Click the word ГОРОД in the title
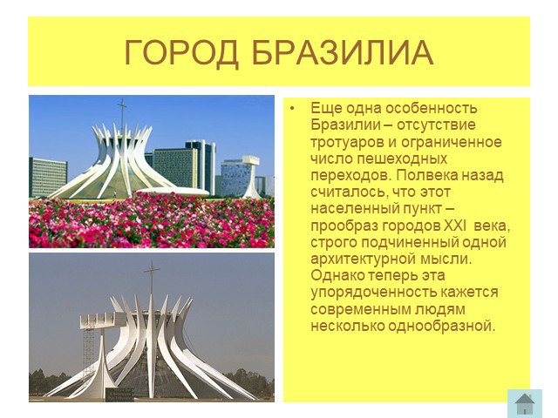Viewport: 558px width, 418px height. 181,53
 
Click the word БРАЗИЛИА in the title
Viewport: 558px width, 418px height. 343,53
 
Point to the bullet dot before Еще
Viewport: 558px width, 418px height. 293,108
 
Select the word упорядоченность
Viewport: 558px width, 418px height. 374,293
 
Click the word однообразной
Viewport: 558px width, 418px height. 441,326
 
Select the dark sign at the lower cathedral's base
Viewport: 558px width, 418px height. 120,394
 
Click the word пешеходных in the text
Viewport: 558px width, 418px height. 402,159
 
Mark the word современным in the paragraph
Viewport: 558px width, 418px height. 360,309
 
